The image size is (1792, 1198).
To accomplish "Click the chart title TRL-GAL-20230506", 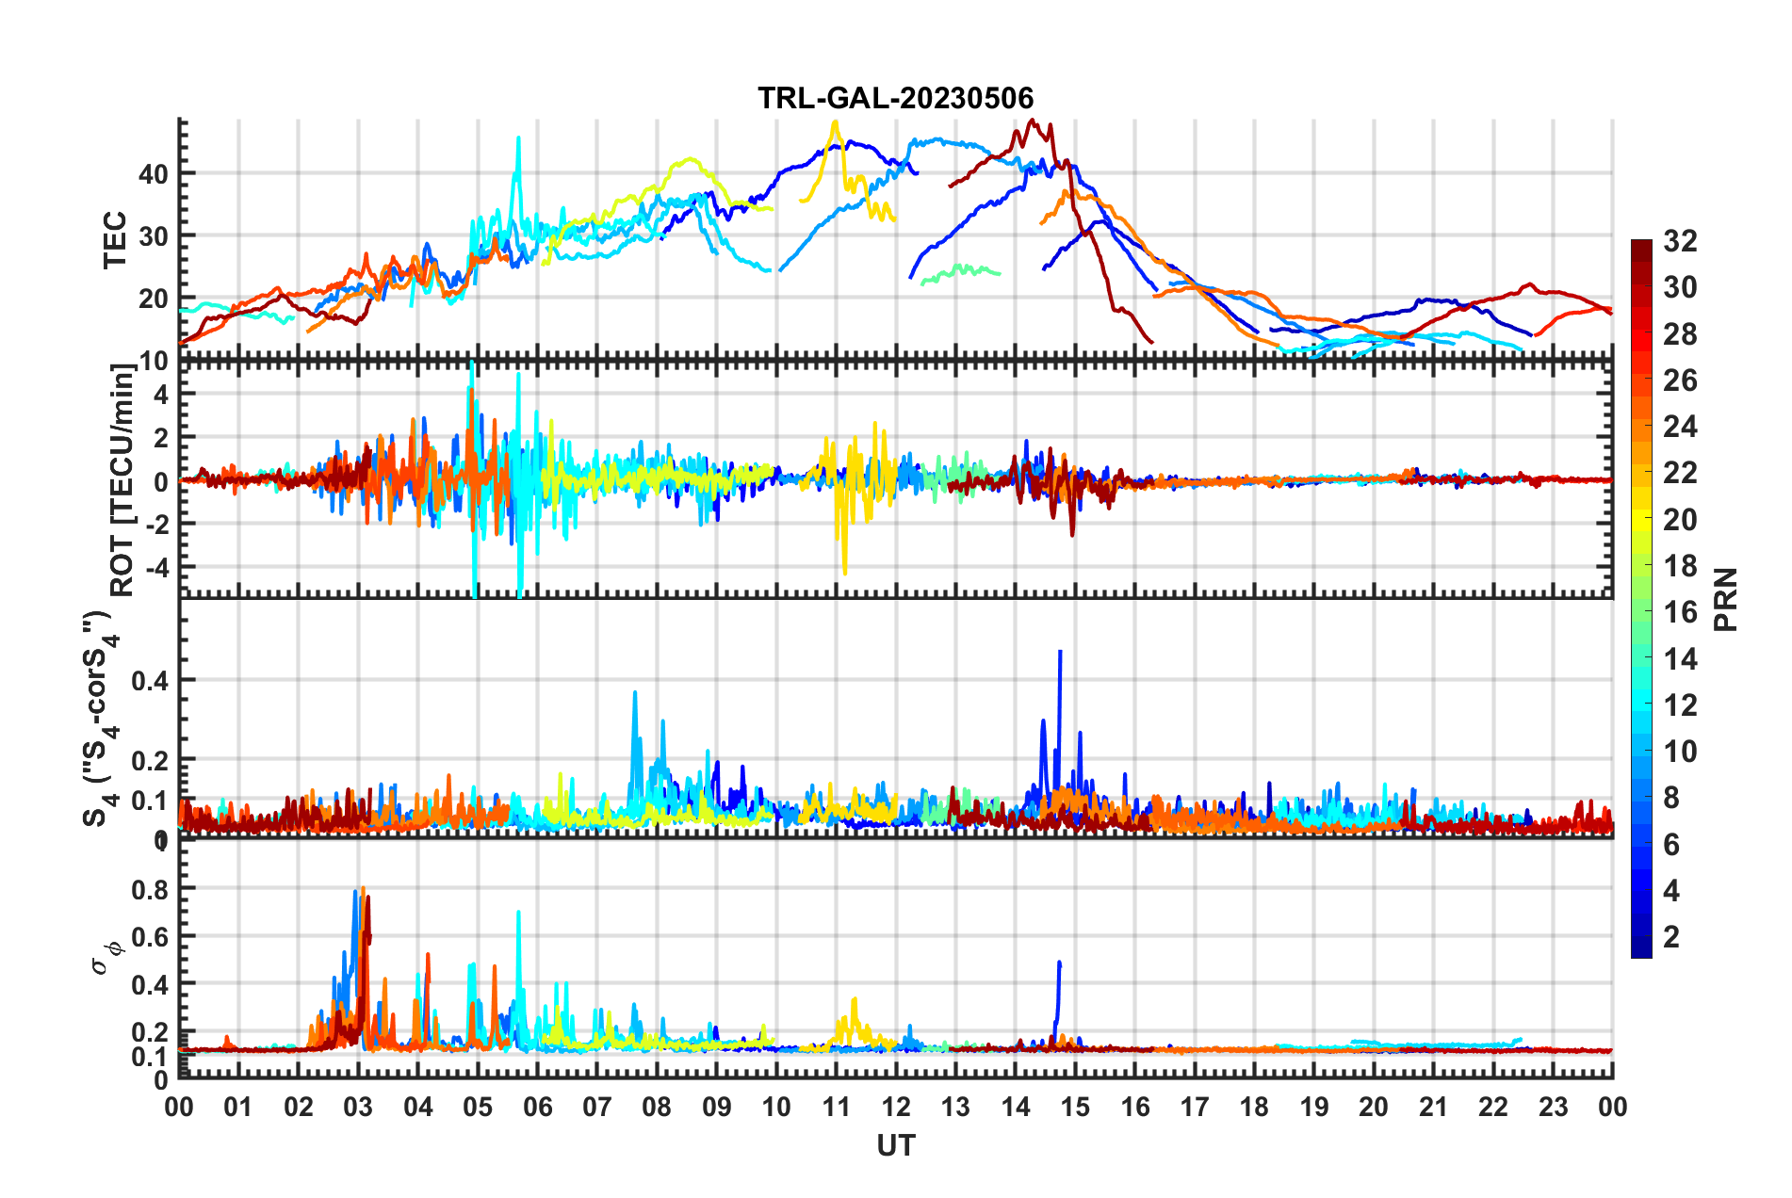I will (x=895, y=98).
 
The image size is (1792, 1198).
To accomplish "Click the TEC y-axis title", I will (x=115, y=240).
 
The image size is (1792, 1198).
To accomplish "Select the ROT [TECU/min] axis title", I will (x=122, y=480).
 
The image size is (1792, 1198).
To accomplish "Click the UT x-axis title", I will (x=895, y=1145).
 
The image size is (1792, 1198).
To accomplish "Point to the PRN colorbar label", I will (x=1726, y=599).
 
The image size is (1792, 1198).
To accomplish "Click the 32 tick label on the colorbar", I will (x=1680, y=242).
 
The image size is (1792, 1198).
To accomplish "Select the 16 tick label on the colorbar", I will (x=1680, y=612).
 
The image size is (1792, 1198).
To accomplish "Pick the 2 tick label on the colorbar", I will (x=1671, y=937).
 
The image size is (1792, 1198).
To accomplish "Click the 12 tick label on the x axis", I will (x=895, y=1107).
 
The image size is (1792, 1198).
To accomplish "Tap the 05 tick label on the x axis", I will (x=478, y=1107).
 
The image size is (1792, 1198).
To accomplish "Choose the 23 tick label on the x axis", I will (x=1553, y=1107).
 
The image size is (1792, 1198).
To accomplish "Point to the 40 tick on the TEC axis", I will (x=153, y=174).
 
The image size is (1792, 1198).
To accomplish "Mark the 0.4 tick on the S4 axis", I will (x=150, y=680).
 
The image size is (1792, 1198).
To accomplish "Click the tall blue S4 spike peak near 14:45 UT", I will (x=1060, y=652).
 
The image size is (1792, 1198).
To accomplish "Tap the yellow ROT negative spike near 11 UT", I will (x=844, y=572).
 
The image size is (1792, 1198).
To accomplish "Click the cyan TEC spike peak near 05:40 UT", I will (x=518, y=138).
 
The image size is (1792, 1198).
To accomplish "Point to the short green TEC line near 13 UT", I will (x=961, y=271).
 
